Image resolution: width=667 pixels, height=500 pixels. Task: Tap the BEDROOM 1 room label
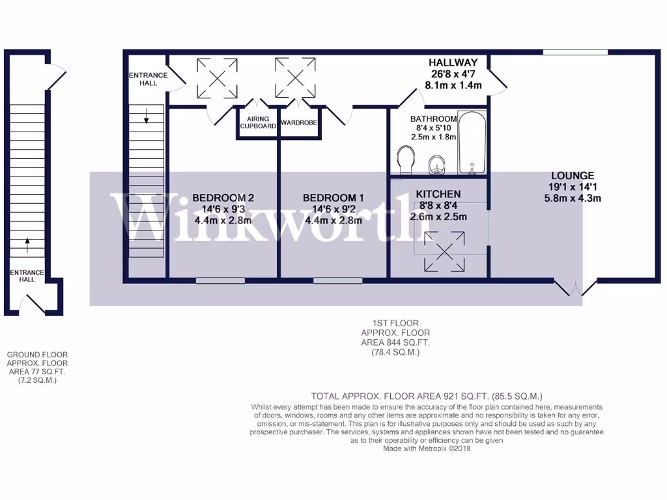click(x=333, y=198)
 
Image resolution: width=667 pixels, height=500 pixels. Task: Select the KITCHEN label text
click(x=438, y=194)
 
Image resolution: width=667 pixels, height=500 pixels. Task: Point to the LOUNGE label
click(x=573, y=175)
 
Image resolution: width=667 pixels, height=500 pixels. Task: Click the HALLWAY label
click(x=453, y=62)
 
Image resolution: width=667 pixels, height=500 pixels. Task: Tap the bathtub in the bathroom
click(x=472, y=143)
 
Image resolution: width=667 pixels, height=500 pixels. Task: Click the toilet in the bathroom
click(x=405, y=160)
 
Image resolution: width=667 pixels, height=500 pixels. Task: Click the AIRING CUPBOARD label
click(x=258, y=122)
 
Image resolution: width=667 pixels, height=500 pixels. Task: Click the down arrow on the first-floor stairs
click(x=146, y=117)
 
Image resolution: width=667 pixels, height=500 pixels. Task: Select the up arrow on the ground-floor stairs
click(x=27, y=245)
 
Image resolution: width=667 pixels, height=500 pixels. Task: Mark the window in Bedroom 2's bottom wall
click(x=218, y=281)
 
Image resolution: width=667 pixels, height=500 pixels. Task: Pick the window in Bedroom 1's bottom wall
click(x=333, y=281)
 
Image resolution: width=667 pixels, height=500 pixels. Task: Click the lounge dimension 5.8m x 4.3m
click(x=573, y=198)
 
